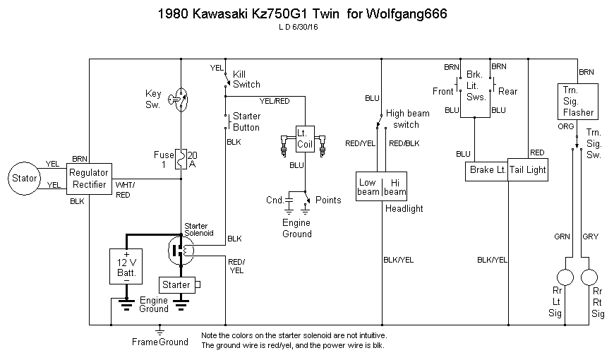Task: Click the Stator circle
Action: click(x=24, y=178)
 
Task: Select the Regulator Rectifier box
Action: click(x=88, y=178)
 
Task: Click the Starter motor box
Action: click(x=176, y=284)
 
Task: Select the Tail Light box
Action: click(x=528, y=170)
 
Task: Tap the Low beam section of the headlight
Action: click(x=368, y=186)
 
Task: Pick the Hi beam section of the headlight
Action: click(x=394, y=186)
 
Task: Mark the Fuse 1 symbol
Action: click(x=181, y=160)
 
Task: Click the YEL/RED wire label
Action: click(x=275, y=101)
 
